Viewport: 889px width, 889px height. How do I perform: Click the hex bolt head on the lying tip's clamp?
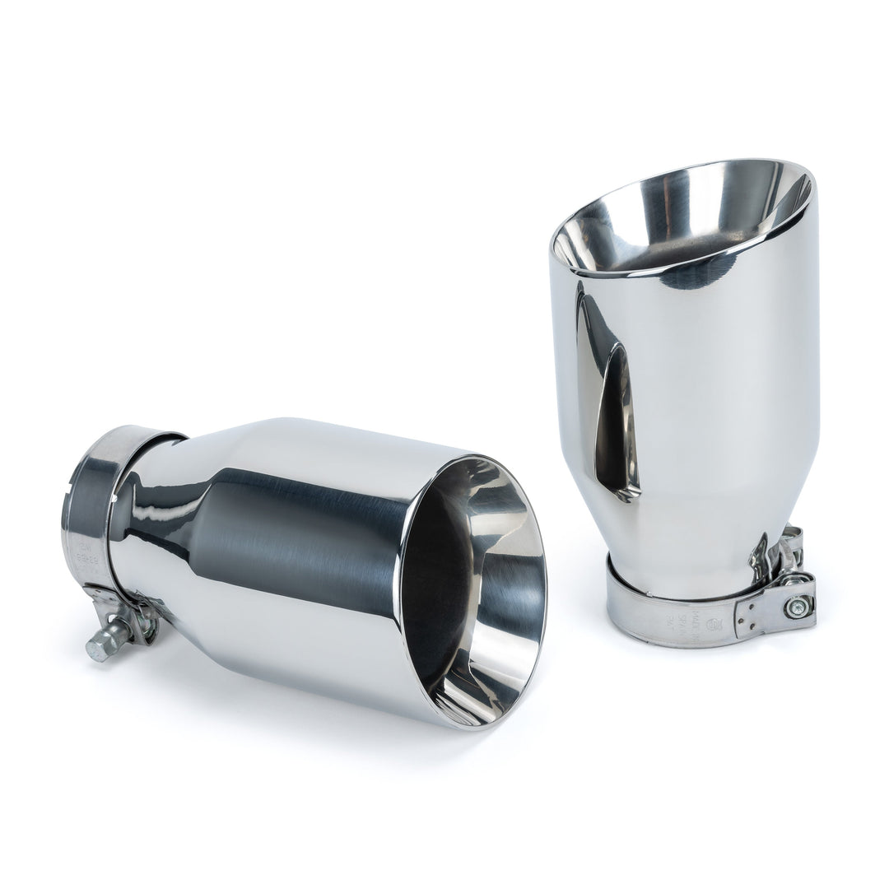[x=95, y=651]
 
